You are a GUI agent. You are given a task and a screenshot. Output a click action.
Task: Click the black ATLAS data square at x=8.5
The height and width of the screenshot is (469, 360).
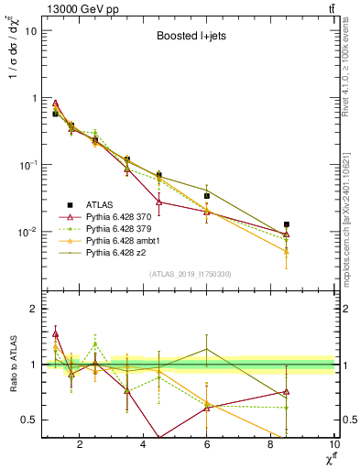click(287, 224)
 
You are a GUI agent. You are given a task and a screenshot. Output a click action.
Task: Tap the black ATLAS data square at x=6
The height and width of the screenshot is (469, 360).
click(207, 196)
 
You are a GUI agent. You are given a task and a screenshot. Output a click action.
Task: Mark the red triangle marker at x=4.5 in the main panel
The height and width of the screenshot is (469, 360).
click(159, 201)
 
